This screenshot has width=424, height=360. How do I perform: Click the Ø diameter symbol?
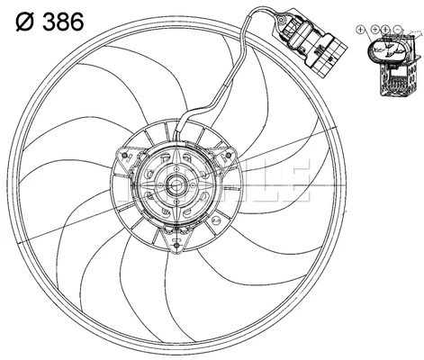point(22,21)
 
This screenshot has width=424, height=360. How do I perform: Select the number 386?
point(62,21)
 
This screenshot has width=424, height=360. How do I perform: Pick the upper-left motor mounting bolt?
point(122,154)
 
